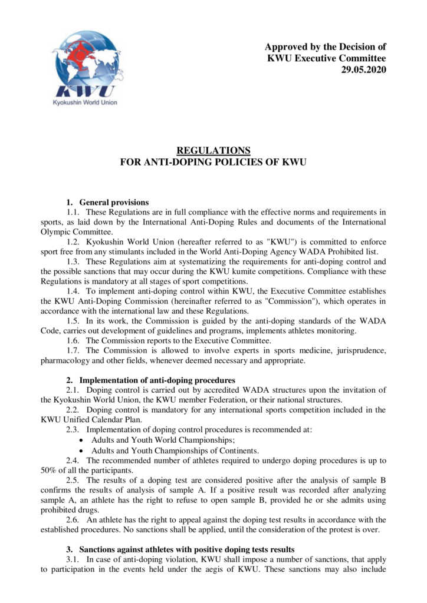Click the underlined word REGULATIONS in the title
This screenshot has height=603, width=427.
[213, 150]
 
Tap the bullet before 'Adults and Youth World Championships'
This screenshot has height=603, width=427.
[81, 439]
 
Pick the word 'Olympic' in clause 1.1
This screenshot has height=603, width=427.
[56, 231]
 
